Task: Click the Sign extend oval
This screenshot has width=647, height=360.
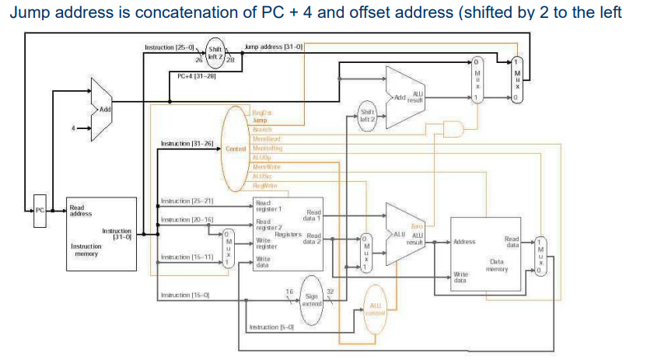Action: point(312,299)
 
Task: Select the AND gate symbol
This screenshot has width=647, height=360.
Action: point(452,128)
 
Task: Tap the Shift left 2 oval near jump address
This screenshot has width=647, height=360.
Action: point(216,51)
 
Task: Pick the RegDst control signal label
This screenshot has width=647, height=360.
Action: point(262,114)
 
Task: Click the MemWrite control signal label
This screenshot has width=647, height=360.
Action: point(267,166)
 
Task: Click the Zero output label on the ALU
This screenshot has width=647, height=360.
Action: point(417,225)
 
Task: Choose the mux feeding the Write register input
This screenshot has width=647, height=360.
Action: point(227,246)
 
